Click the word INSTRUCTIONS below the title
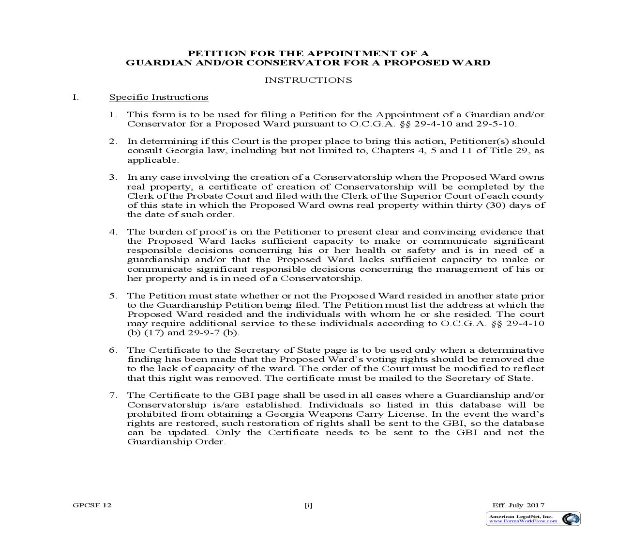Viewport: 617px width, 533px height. click(308, 80)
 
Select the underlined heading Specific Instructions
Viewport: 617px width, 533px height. click(159, 97)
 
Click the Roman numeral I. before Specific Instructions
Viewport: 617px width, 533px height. click(75, 97)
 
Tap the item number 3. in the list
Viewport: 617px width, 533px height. click(113, 177)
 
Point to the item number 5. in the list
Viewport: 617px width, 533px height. click(113, 296)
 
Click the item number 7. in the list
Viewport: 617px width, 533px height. click(113, 395)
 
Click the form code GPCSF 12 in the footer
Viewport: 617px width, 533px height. click(92, 505)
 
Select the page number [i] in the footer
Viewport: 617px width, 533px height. click(308, 505)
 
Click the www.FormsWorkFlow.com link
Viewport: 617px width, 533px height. click(523, 521)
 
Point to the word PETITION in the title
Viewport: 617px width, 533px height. click(211, 53)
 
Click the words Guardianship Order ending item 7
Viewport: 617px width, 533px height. click(176, 442)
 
